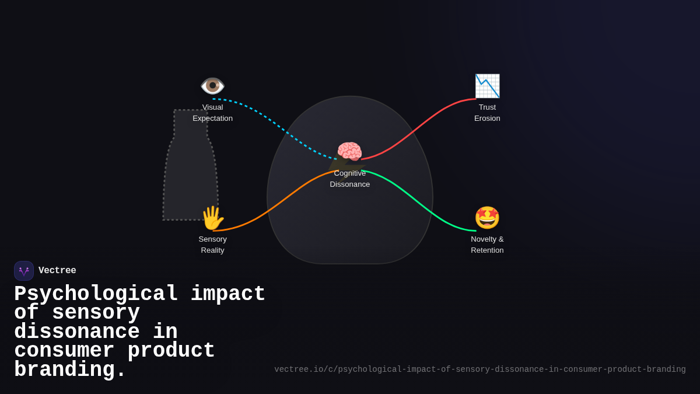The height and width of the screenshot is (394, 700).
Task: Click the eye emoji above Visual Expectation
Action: (x=212, y=86)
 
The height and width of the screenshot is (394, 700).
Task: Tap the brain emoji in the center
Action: (x=349, y=152)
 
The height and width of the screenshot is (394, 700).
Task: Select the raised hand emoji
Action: (x=212, y=218)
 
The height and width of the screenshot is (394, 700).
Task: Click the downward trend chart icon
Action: (x=487, y=86)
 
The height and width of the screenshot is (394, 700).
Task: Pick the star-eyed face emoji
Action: (x=487, y=218)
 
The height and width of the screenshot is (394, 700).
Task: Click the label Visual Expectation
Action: (x=212, y=113)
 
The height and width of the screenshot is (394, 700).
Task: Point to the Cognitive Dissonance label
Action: (x=350, y=179)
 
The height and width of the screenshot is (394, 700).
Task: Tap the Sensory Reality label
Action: (x=212, y=245)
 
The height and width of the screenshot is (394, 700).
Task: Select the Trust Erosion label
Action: (x=487, y=113)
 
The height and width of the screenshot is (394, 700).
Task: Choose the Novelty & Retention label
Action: (x=487, y=245)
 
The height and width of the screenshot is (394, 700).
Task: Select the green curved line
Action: (x=420, y=198)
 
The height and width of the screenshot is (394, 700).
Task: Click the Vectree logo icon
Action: (x=24, y=271)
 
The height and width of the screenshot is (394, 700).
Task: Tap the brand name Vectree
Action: (x=57, y=271)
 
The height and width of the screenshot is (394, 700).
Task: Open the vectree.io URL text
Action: (x=480, y=369)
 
